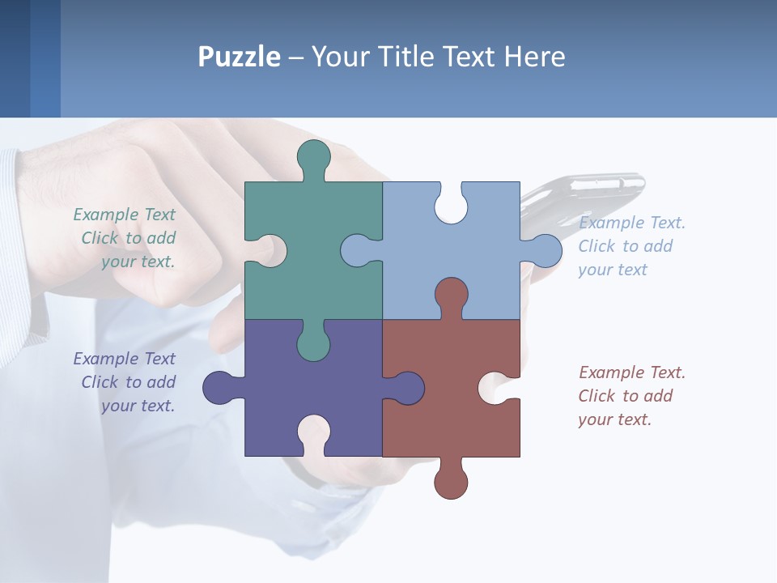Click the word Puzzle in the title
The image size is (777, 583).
pyautogui.click(x=239, y=57)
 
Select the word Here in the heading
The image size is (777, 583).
pyautogui.click(x=534, y=57)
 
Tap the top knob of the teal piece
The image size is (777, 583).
pyautogui.click(x=313, y=159)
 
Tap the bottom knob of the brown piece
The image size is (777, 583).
pyautogui.click(x=450, y=480)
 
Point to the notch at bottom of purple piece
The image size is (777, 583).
pyautogui.click(x=313, y=433)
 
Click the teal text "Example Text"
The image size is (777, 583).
pyautogui.click(x=124, y=215)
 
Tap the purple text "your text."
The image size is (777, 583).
pyautogui.click(x=138, y=406)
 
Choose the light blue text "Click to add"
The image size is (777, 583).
pyautogui.click(x=625, y=246)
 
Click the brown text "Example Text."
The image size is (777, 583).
pyautogui.click(x=631, y=372)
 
